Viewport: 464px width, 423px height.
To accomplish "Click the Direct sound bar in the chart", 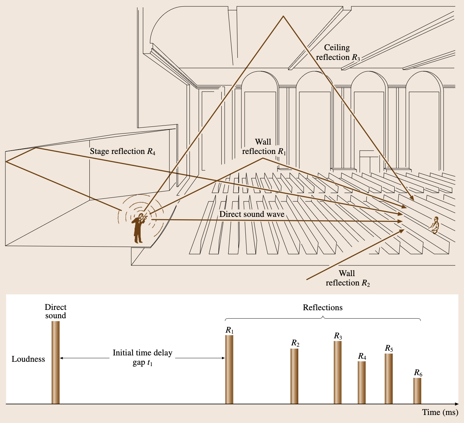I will pyautogui.click(x=56, y=362).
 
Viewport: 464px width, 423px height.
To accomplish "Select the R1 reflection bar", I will pyautogui.click(x=229, y=369).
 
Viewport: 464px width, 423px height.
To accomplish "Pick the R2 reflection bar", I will pyautogui.click(x=294, y=376).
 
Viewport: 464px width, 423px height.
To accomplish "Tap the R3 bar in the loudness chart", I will pyautogui.click(x=338, y=372).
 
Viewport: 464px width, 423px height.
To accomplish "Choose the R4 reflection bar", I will pyautogui.click(x=362, y=383).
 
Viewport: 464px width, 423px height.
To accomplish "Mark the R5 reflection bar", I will pyautogui.click(x=389, y=378).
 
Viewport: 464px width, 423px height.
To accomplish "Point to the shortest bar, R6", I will pyautogui.click(x=417, y=391).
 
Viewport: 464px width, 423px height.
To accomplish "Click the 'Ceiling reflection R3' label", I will pyautogui.click(x=337, y=53).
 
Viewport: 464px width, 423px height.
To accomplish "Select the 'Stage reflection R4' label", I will pyautogui.click(x=123, y=152).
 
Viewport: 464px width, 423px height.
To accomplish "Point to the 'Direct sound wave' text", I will pyautogui.click(x=252, y=214).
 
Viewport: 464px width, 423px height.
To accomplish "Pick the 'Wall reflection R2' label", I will pyautogui.click(x=347, y=278).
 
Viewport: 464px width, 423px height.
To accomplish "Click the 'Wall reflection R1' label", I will pyautogui.click(x=264, y=147).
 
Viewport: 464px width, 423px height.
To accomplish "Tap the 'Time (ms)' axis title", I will pyautogui.click(x=440, y=412).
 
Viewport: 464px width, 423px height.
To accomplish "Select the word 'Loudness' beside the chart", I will pyautogui.click(x=28, y=359).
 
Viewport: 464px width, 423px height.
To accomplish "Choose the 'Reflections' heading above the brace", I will pyautogui.click(x=323, y=308).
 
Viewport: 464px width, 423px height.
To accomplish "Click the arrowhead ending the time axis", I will pyautogui.click(x=456, y=404).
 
